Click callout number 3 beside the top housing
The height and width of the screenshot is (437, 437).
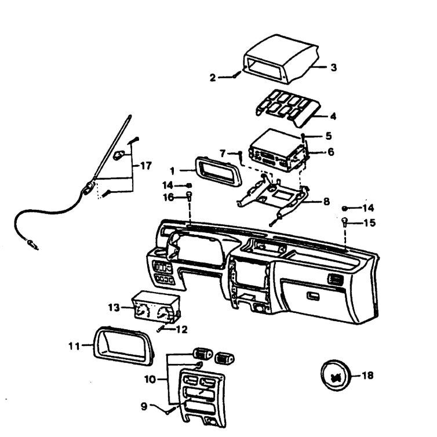pos(333,67)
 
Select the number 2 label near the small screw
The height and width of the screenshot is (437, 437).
pos(213,78)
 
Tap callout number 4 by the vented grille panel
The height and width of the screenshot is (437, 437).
pos(333,116)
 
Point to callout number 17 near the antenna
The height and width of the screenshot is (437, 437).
pos(145,166)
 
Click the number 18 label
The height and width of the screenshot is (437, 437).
pos(367,376)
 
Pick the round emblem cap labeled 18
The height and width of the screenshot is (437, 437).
pos(334,376)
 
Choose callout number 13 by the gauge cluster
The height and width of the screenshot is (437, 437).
pos(114,308)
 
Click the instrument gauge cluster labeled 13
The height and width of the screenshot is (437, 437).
pos(156,307)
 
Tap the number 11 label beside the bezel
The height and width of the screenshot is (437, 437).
pos(74,346)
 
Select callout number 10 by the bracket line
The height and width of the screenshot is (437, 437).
pos(150,379)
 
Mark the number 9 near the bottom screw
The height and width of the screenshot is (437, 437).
pos(144,406)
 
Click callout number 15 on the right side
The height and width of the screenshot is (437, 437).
pos(370,223)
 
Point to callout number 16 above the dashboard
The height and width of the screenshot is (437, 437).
pos(169,198)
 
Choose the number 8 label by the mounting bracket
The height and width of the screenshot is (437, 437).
pos(326,202)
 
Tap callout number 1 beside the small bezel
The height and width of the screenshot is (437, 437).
pos(172,171)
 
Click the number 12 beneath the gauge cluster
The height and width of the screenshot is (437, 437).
pos(182,330)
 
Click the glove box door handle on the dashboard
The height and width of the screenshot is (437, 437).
pos(314,296)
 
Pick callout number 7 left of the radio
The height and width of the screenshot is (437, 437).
pos(223,154)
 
